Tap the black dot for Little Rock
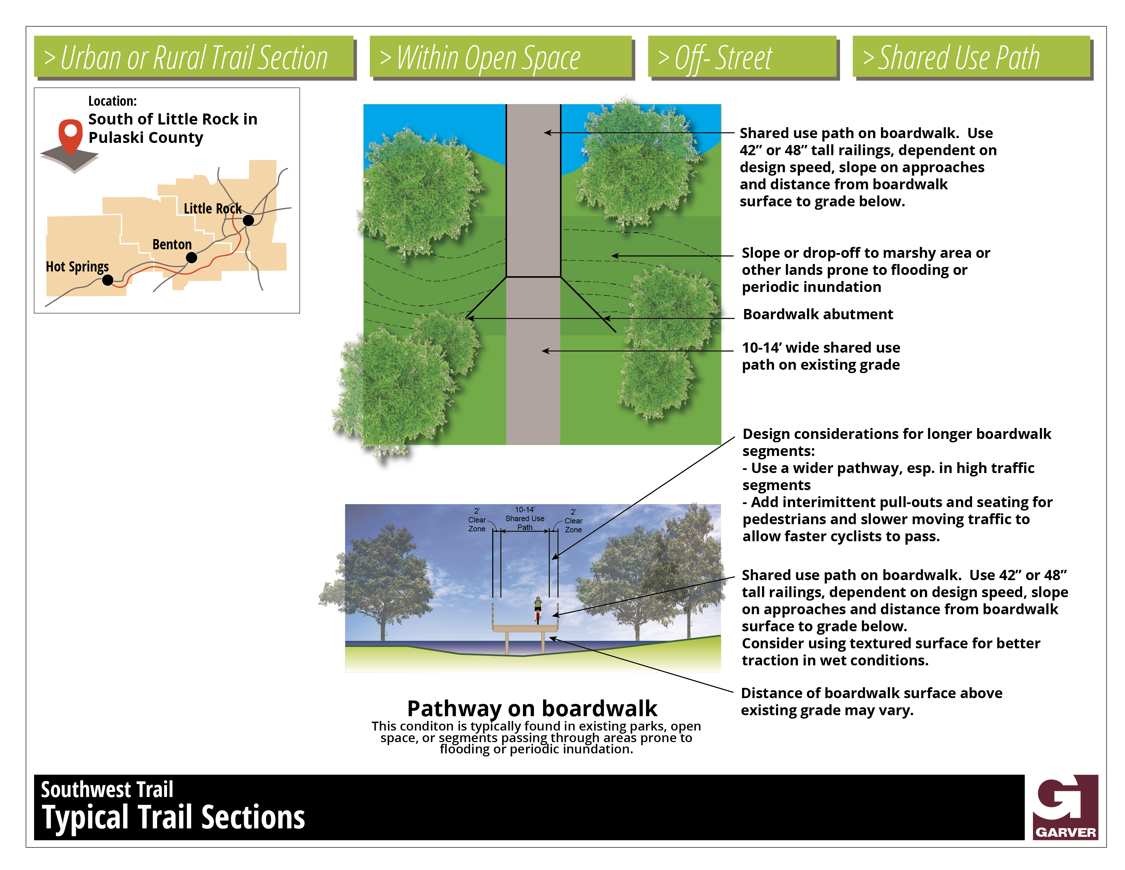[248, 221]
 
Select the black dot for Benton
[192, 258]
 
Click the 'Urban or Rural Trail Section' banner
[194, 57]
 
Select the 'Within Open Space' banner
[500, 57]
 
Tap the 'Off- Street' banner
[742, 57]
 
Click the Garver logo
[1065, 807]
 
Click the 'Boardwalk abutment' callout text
[817, 314]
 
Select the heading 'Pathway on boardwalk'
[532, 709]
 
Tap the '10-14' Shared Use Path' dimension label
[525, 518]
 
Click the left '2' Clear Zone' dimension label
[477, 520]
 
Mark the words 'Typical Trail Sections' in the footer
[174, 817]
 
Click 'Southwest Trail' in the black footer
[107, 790]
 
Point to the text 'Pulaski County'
[146, 138]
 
